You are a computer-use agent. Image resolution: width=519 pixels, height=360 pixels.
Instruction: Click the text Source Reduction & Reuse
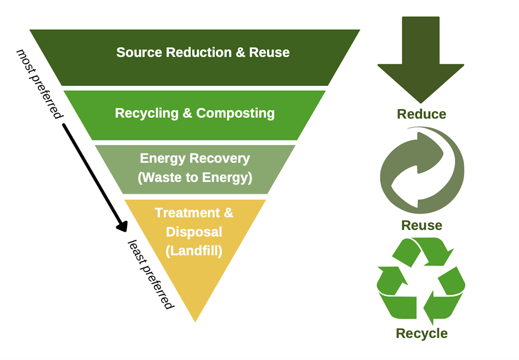(x=203, y=52)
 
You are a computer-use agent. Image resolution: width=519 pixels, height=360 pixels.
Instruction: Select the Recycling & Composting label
(x=195, y=113)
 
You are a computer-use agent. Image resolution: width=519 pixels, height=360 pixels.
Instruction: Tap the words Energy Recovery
(x=195, y=158)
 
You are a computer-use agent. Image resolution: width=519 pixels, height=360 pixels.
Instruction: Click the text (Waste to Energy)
(x=195, y=177)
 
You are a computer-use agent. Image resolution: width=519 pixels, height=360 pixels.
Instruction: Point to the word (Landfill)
(x=194, y=251)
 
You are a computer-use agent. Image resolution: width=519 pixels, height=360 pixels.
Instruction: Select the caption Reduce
(x=421, y=114)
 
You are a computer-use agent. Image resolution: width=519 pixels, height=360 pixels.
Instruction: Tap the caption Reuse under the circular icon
(x=421, y=225)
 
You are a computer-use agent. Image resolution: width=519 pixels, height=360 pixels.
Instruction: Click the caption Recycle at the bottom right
(x=421, y=333)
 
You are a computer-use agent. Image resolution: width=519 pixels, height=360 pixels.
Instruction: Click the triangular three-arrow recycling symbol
(x=421, y=280)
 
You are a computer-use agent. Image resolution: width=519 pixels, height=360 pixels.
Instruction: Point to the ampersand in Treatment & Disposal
(x=227, y=213)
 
